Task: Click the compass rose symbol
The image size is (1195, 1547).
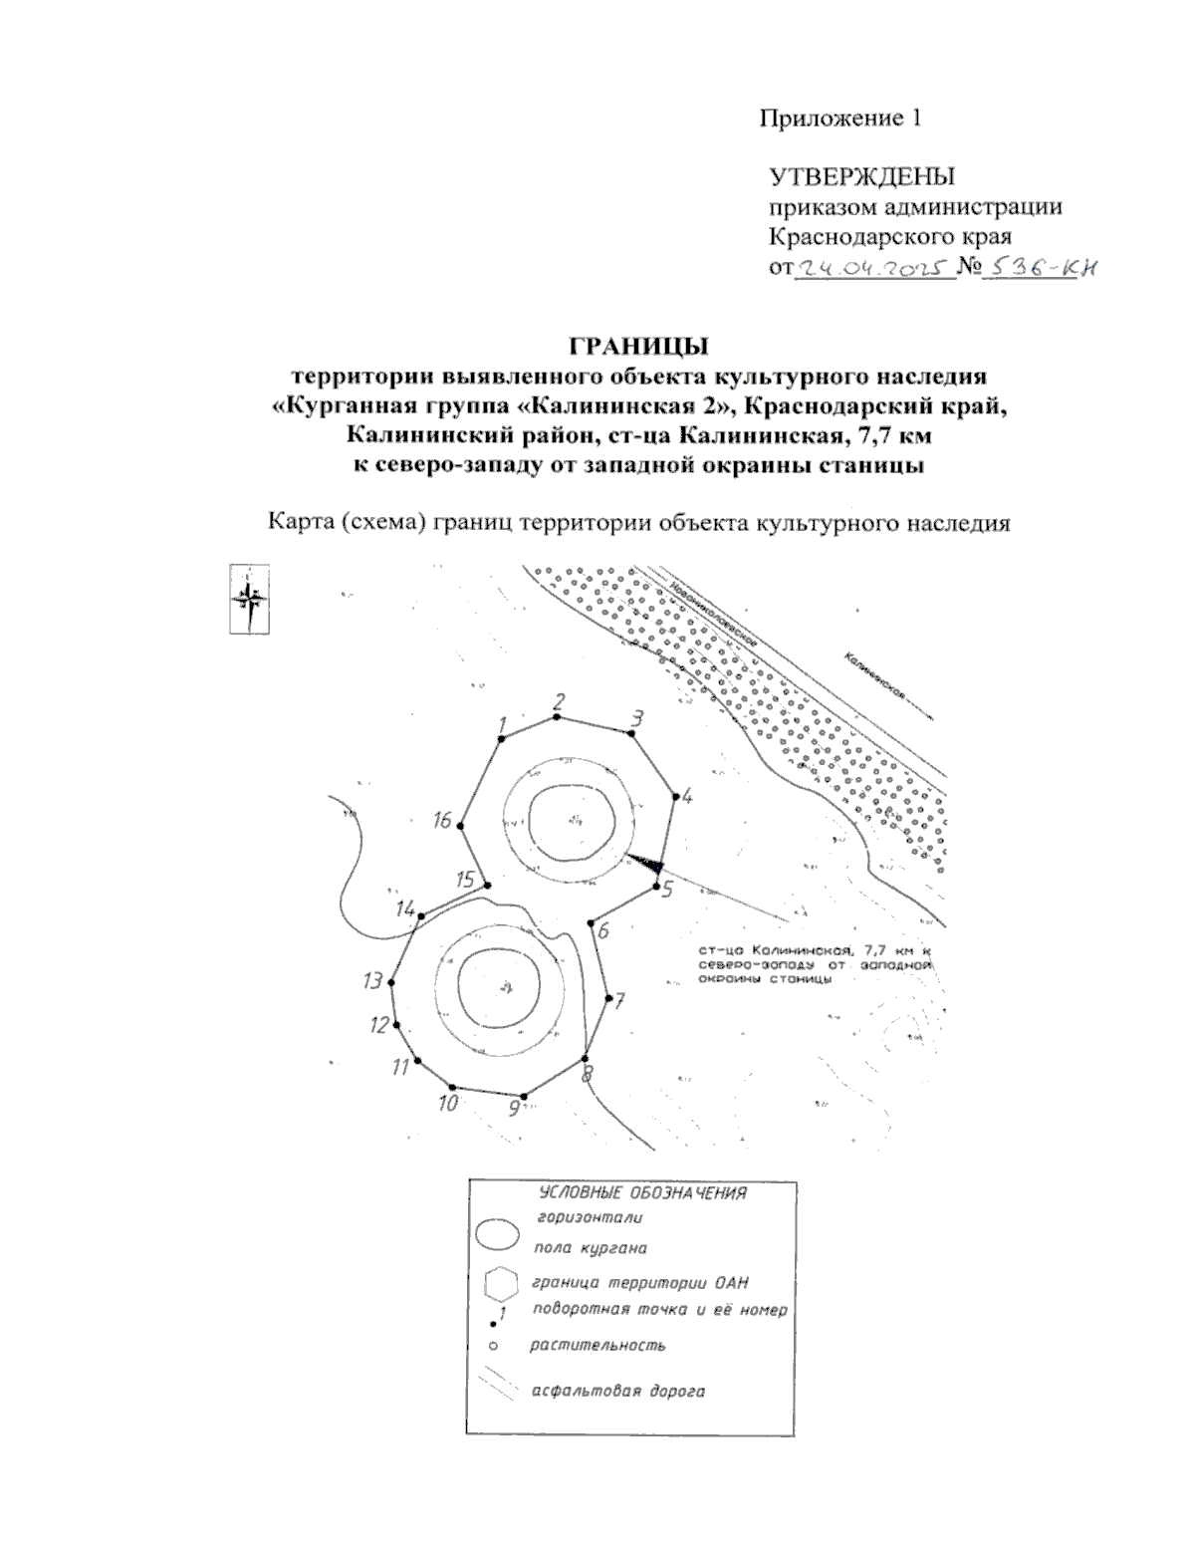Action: tap(250, 598)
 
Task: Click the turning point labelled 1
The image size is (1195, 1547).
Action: tap(501, 738)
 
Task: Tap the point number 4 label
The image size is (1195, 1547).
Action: tap(687, 795)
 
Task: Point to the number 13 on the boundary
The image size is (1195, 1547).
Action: tap(372, 980)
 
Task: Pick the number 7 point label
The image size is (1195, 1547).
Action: tap(618, 1000)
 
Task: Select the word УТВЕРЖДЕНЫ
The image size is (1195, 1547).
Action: tap(861, 177)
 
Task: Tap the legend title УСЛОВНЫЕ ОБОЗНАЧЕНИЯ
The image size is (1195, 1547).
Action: tap(642, 1193)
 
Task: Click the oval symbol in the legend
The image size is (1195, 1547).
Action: tap(497, 1234)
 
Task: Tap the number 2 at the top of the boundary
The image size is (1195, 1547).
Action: tap(560, 699)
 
